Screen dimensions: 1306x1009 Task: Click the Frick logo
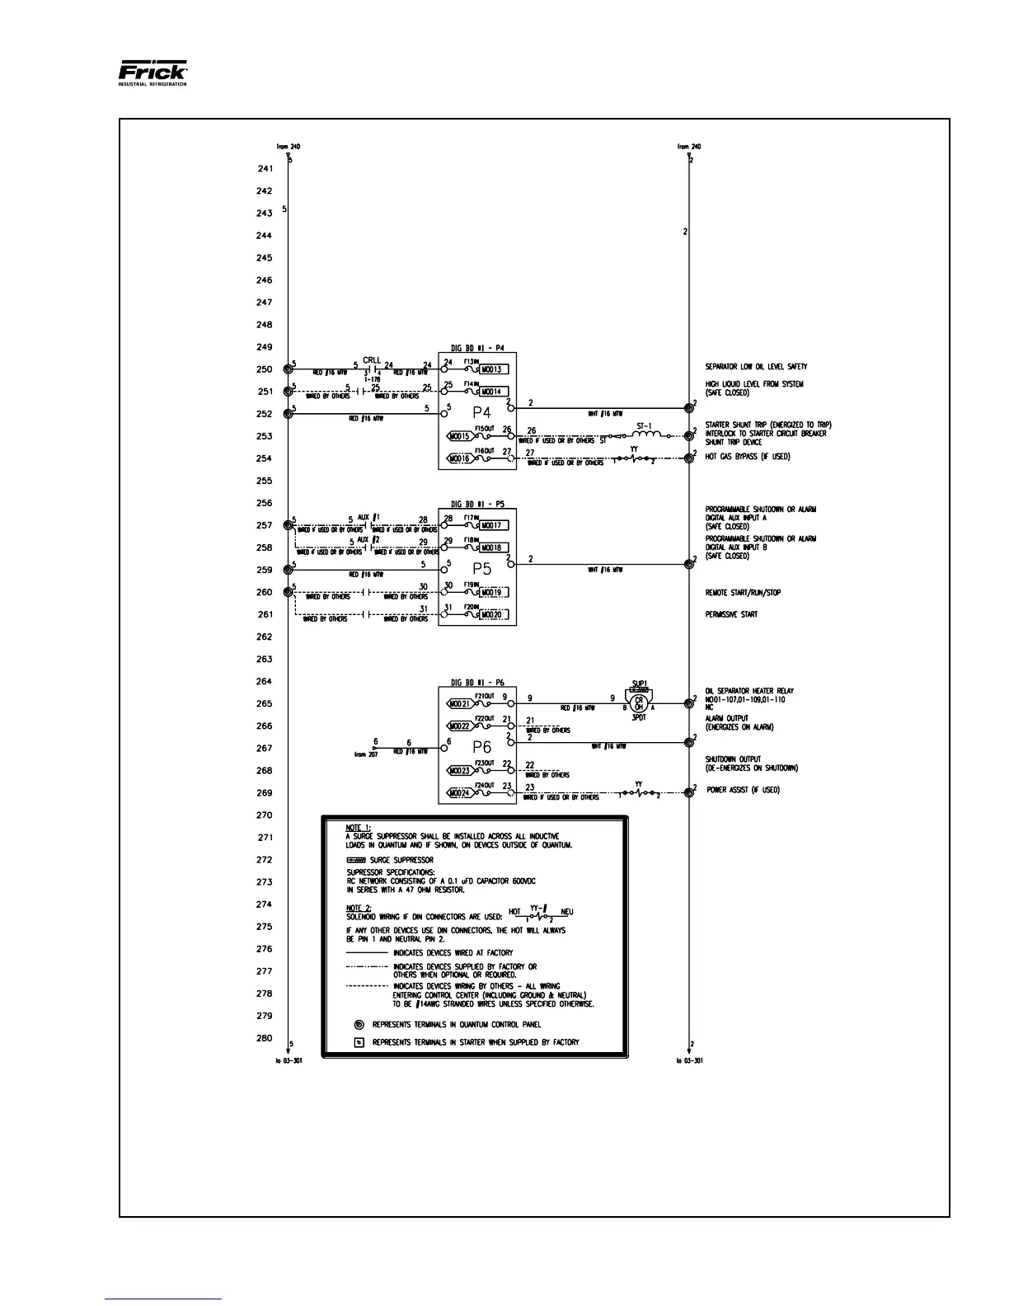coord(153,73)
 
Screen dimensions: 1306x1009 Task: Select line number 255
coord(264,481)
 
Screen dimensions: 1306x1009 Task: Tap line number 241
coord(264,169)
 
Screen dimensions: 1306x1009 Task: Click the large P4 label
coord(481,411)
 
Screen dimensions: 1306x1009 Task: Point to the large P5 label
coord(481,568)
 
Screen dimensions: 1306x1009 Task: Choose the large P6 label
coord(481,747)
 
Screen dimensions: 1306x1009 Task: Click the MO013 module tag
coord(496,369)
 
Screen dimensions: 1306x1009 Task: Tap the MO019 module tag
coord(496,592)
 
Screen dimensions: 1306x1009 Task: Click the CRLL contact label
coord(372,360)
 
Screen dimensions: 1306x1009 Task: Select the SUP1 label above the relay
coord(638,684)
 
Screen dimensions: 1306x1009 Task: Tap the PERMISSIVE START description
coord(730,614)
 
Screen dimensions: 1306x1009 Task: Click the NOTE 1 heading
coord(358,826)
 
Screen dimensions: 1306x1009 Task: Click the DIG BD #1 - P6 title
coord(477,682)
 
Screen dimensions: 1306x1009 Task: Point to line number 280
coord(264,1039)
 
